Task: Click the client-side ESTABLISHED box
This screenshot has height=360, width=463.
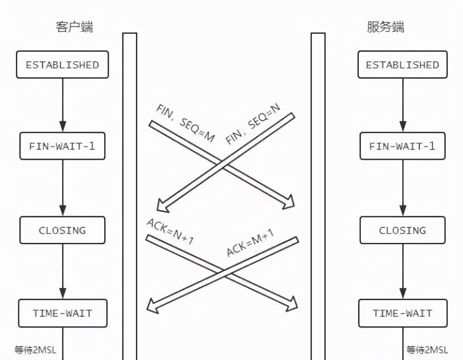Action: click(x=62, y=65)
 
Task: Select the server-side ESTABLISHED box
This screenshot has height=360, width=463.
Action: click(x=402, y=65)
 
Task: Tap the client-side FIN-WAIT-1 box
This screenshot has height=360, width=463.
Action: click(x=62, y=146)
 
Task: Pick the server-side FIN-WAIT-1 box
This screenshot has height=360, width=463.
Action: click(x=402, y=146)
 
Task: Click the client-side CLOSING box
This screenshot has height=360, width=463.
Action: click(x=62, y=230)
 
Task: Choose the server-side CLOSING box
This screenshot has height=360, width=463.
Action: click(x=402, y=230)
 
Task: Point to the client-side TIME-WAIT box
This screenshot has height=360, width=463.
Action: click(x=63, y=313)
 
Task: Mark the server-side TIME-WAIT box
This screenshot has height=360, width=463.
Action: click(x=403, y=313)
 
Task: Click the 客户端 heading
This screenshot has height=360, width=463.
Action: click(x=74, y=27)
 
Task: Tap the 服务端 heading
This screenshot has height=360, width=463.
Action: click(x=385, y=27)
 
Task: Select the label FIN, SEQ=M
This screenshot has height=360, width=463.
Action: click(x=185, y=123)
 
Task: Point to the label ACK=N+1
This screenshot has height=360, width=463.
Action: click(x=170, y=231)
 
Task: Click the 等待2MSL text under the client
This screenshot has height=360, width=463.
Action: click(x=35, y=350)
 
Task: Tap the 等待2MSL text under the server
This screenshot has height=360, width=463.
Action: click(x=427, y=350)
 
